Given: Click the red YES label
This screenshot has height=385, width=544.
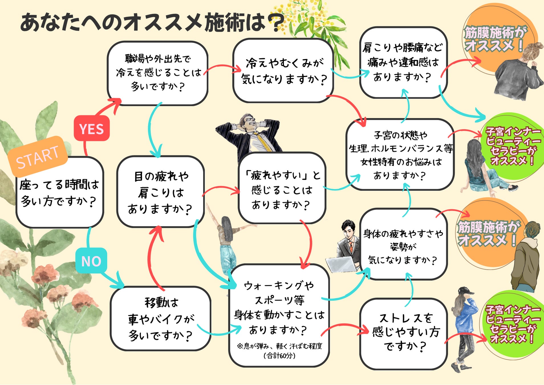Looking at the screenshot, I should [92, 129].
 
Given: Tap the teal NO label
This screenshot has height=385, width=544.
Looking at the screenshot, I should [91, 261].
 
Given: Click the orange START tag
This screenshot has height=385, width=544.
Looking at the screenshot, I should [38, 156].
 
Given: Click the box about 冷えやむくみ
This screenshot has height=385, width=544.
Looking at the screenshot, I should [283, 71].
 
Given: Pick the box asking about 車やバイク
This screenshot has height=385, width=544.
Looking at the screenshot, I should [160, 319].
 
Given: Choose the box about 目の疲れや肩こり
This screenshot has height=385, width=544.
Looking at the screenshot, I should [160, 192].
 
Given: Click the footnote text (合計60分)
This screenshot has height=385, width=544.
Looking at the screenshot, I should [279, 356].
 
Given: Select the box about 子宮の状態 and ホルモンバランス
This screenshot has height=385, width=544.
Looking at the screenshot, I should [400, 155].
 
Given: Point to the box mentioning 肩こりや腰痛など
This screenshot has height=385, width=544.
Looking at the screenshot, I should [403, 62].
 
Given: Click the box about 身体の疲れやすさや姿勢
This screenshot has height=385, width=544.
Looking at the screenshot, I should [403, 245].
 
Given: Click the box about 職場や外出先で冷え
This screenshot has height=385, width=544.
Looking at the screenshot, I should [158, 73].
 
